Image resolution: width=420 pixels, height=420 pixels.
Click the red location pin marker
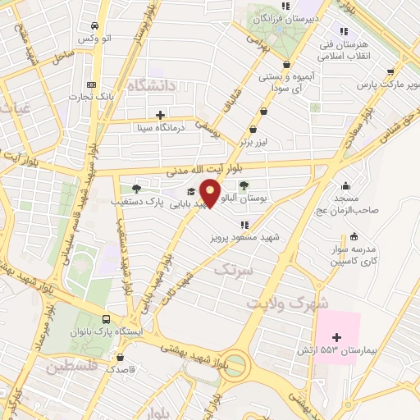[211, 193]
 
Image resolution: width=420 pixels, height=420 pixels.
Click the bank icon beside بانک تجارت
[91, 85]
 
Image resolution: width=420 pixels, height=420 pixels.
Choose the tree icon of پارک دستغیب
[136, 189]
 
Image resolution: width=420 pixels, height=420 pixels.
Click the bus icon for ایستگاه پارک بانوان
[106, 319]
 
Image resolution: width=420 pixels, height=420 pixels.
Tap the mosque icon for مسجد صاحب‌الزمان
[345, 185]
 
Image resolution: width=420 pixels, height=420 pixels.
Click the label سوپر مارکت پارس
[390, 84]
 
